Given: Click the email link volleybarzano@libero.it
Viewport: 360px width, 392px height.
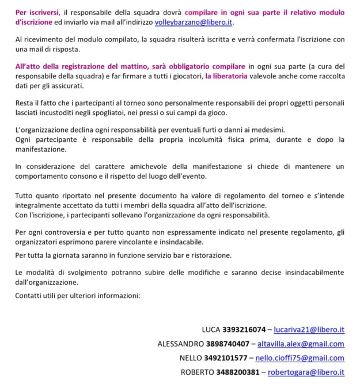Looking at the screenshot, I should click(x=195, y=23).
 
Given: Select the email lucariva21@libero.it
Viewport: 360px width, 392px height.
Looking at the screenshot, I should click(x=308, y=330).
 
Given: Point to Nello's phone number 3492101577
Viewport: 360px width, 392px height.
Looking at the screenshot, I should click(x=225, y=358).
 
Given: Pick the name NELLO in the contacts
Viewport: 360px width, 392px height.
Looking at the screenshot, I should click(x=191, y=358).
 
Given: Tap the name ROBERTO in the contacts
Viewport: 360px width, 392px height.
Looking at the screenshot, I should click(x=197, y=372).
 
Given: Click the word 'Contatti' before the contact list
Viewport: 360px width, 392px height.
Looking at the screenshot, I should click(x=30, y=295).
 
